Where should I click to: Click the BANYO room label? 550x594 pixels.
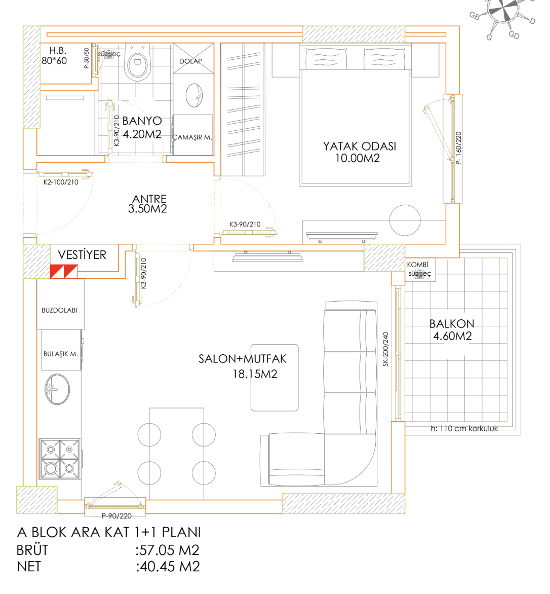click(x=142, y=121)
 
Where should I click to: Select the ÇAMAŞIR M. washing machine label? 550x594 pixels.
click(x=192, y=137)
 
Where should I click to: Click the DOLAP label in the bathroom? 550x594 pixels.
click(x=190, y=61)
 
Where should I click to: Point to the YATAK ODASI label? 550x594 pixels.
click(x=360, y=146)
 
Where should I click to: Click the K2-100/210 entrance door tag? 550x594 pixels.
click(x=61, y=182)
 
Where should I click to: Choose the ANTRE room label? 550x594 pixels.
click(x=149, y=199)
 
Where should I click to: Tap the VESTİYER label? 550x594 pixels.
click(x=82, y=255)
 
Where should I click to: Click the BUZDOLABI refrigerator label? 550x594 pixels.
click(x=59, y=310)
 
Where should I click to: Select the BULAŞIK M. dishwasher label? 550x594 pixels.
click(x=60, y=354)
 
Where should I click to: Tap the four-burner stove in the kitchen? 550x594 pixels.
click(x=60, y=459)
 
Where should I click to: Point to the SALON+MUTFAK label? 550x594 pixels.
click(x=242, y=359)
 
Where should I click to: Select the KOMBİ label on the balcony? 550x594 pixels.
click(x=417, y=265)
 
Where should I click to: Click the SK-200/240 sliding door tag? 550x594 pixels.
click(x=385, y=350)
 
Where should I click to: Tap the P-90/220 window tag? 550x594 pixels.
click(x=116, y=516)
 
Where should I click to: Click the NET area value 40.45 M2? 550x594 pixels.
click(x=168, y=566)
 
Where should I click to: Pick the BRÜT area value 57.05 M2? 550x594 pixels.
click(x=168, y=550)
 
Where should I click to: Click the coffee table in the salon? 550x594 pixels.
click(x=274, y=378)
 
